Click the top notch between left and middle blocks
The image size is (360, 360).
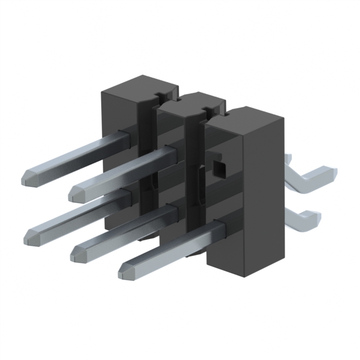pyautogui.click(x=163, y=94)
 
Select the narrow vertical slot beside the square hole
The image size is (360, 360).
pyautogui.click(x=201, y=186)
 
